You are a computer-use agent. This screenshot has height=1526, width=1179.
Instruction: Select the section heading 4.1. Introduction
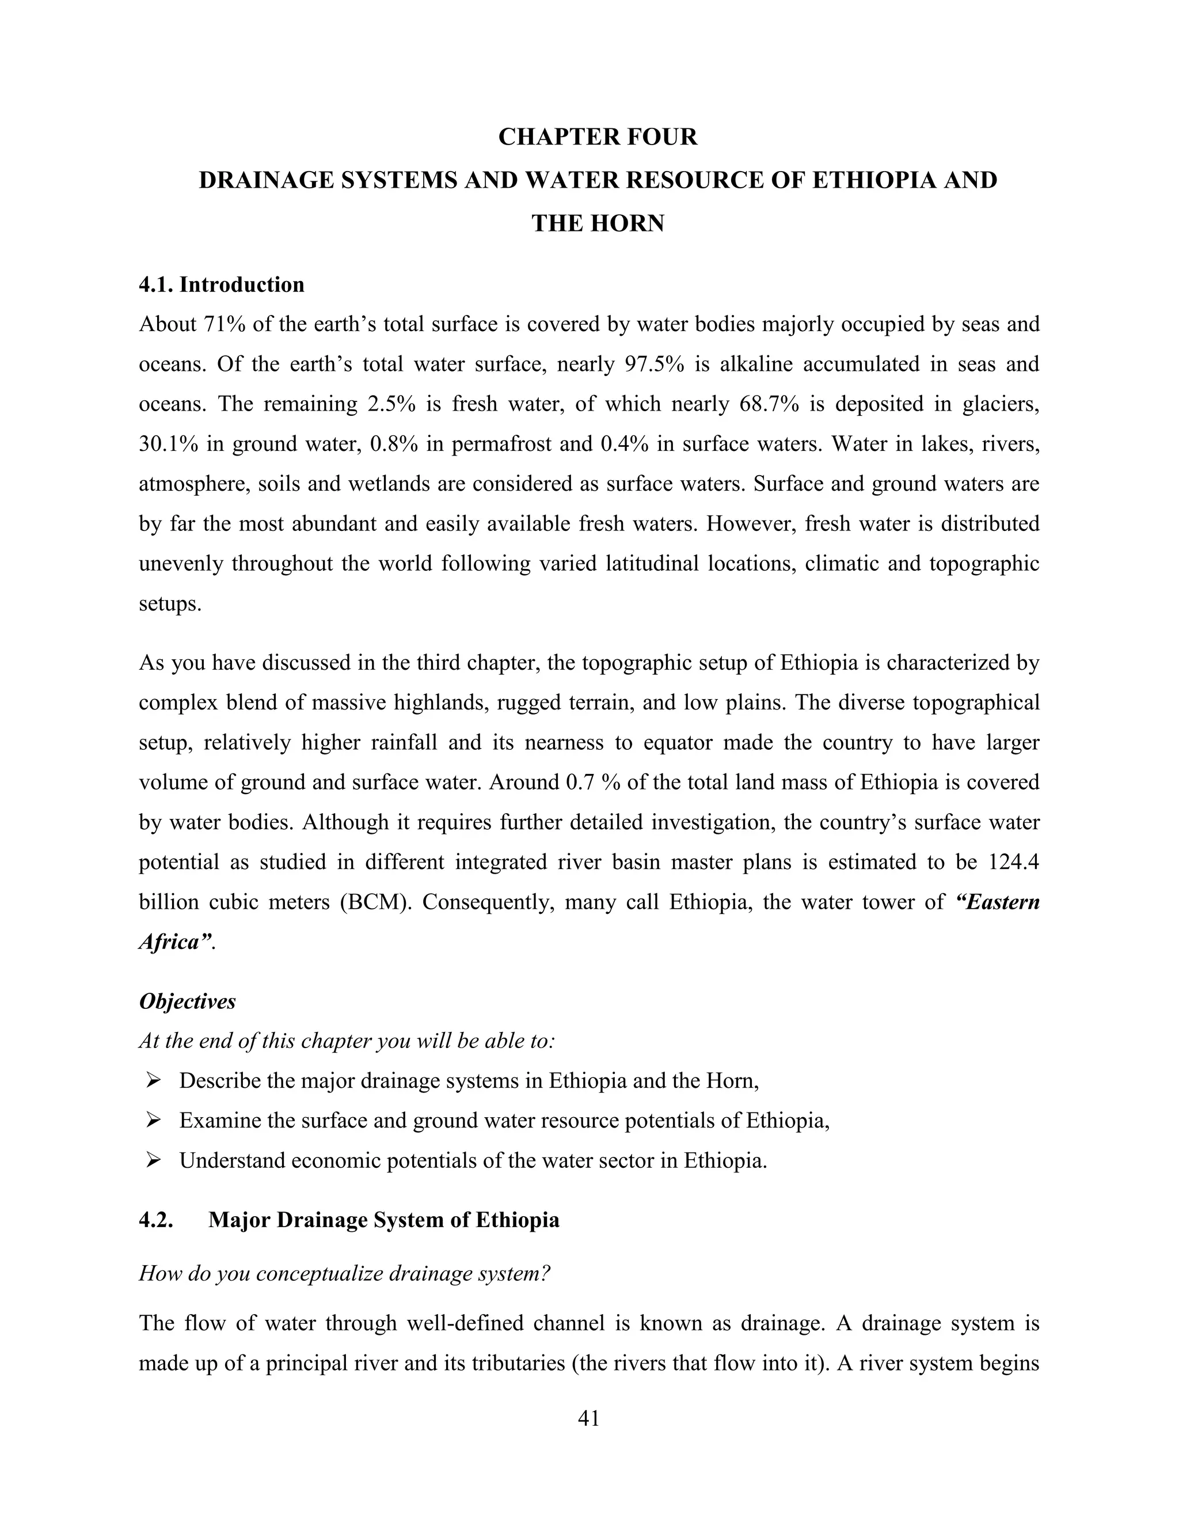click(x=222, y=285)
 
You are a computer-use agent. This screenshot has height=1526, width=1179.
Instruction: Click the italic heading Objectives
click(x=187, y=1001)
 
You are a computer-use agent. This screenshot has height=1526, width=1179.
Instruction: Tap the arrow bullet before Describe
click(x=153, y=1081)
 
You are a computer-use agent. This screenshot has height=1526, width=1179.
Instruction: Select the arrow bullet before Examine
click(x=153, y=1121)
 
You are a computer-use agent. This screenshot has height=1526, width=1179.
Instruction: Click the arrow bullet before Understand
click(x=153, y=1160)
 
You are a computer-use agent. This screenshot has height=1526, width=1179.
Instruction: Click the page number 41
click(x=589, y=1418)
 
